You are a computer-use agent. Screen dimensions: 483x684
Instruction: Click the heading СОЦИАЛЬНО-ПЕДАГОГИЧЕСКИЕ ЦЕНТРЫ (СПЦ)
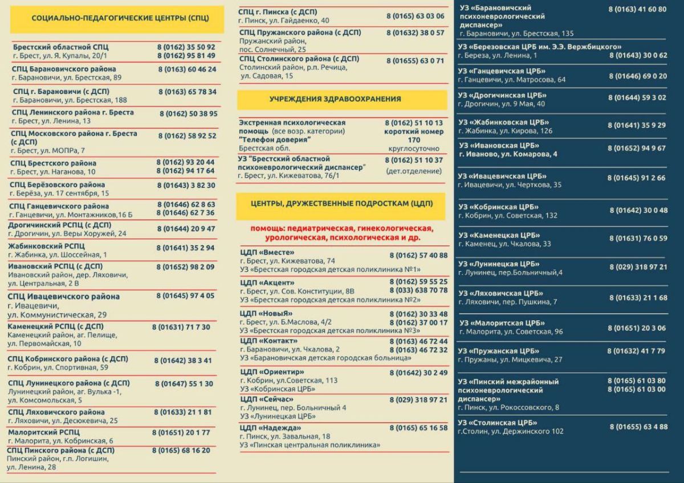coord(120,18)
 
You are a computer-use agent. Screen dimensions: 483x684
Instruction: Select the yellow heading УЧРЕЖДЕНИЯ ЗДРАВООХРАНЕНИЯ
coord(335,99)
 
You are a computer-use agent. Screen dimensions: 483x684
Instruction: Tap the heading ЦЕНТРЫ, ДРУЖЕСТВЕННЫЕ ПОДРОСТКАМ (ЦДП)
coord(341,203)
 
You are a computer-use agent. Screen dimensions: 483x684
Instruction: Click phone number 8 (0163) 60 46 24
coord(188,69)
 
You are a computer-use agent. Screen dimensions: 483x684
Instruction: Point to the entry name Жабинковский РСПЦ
coord(47,246)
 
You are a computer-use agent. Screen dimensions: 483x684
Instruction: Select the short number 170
coord(414,140)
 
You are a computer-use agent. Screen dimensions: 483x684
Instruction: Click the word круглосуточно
coord(414,149)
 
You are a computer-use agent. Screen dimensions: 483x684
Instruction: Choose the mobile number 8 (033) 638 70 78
coord(419,290)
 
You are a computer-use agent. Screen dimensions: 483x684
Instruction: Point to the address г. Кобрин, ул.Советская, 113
coord(289,380)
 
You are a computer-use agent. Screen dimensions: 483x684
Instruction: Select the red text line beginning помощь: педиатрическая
coord(341,229)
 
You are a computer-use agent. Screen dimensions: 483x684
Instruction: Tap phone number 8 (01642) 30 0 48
coord(638,210)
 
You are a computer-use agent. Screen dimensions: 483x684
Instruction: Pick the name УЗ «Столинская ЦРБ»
coord(498,423)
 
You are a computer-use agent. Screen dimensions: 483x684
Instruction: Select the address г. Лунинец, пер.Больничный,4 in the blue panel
coord(510,273)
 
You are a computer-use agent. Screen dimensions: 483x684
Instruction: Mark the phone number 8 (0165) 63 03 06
coord(415,16)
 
